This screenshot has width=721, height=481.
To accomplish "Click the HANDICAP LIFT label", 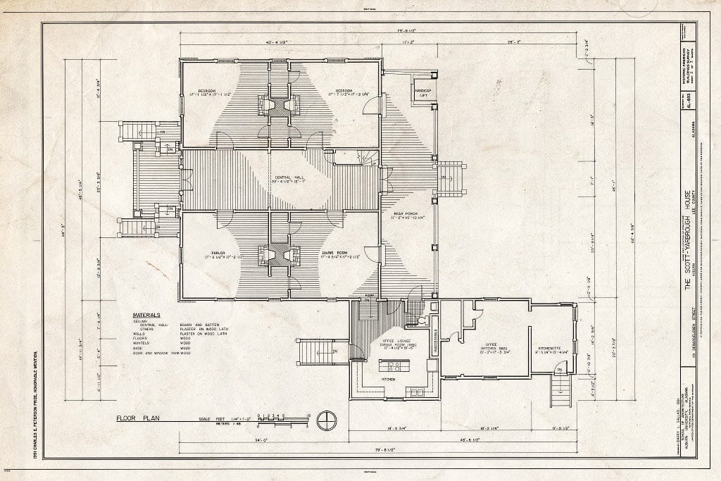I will point(422,92).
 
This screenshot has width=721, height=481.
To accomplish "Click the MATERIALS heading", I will point(146,315).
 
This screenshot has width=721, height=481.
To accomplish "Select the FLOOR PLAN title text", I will point(138,418).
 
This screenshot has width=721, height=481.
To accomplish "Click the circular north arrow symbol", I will point(326,421).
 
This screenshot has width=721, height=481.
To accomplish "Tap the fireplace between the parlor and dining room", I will point(280,254).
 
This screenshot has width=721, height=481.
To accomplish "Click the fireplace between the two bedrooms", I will point(280,106).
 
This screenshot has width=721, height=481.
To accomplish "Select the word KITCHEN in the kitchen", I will point(387,380).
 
